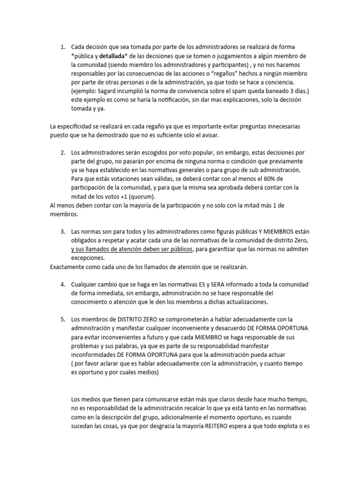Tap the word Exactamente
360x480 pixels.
coord(68,267)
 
